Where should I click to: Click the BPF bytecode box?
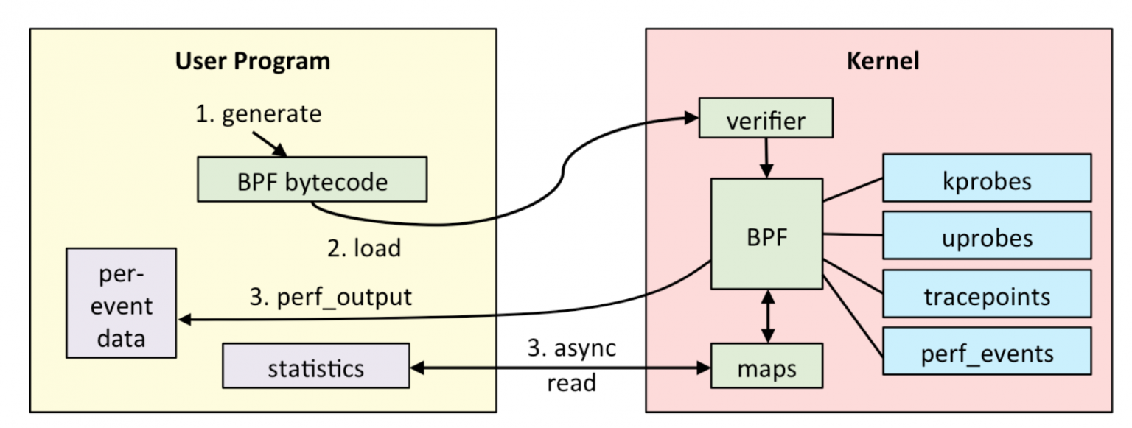(x=312, y=180)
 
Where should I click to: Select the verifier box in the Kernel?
(x=766, y=118)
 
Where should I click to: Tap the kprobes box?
(x=987, y=178)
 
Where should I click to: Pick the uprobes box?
(x=987, y=236)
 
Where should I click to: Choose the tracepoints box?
(x=987, y=294)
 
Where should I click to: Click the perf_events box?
(x=987, y=351)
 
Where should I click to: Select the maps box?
(x=766, y=366)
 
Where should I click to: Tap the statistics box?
(x=316, y=366)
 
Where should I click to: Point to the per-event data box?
(x=122, y=304)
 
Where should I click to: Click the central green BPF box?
(x=766, y=234)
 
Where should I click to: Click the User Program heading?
(x=253, y=61)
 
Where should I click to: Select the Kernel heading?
(x=883, y=60)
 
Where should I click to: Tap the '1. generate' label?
(x=258, y=113)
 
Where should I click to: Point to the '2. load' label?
(x=364, y=248)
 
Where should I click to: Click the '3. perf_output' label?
(x=330, y=297)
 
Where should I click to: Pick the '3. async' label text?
(x=572, y=348)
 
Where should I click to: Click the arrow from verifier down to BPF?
(x=766, y=158)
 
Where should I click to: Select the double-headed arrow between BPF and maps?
(x=768, y=317)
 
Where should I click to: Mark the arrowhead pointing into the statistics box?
(x=417, y=368)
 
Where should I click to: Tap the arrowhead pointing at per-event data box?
(x=184, y=320)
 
